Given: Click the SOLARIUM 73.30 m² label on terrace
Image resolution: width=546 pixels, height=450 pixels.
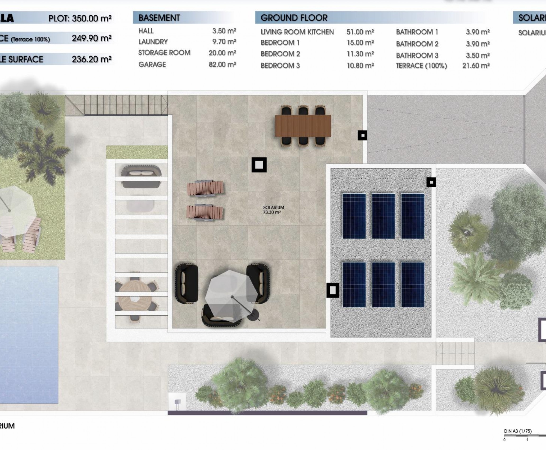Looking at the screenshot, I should click(x=273, y=210).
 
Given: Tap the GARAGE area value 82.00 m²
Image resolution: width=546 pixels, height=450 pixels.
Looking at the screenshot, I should click(x=222, y=64).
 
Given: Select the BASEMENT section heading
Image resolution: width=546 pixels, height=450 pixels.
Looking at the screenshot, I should click(x=159, y=18).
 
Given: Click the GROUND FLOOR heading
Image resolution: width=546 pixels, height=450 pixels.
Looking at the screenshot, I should click(x=294, y=18).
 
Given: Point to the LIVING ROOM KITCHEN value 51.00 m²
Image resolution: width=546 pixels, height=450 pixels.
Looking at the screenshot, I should click(x=360, y=32).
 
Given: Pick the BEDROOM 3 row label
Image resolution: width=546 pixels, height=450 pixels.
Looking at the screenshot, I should click(x=280, y=66).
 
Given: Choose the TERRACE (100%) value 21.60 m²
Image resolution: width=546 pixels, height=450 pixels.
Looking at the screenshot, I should click(x=476, y=66).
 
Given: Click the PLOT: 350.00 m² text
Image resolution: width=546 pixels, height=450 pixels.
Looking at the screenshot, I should click(x=80, y=18).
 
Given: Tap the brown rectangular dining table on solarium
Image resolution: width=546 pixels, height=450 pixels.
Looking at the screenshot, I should click(x=303, y=126).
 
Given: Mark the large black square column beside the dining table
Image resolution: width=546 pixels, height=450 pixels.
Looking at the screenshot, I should click(x=259, y=165).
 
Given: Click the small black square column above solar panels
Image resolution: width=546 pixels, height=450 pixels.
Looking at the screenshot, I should click(x=431, y=182).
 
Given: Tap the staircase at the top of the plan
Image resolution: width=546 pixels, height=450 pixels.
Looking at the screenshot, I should click(x=117, y=105).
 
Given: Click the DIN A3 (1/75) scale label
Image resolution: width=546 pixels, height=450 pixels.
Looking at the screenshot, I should click(x=518, y=431).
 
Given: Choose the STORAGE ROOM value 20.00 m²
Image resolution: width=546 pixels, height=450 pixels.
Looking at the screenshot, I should click(x=222, y=53).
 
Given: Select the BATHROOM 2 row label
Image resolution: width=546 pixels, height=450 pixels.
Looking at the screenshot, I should click(x=417, y=44).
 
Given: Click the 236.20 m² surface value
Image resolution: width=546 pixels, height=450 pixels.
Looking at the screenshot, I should click(x=91, y=59).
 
